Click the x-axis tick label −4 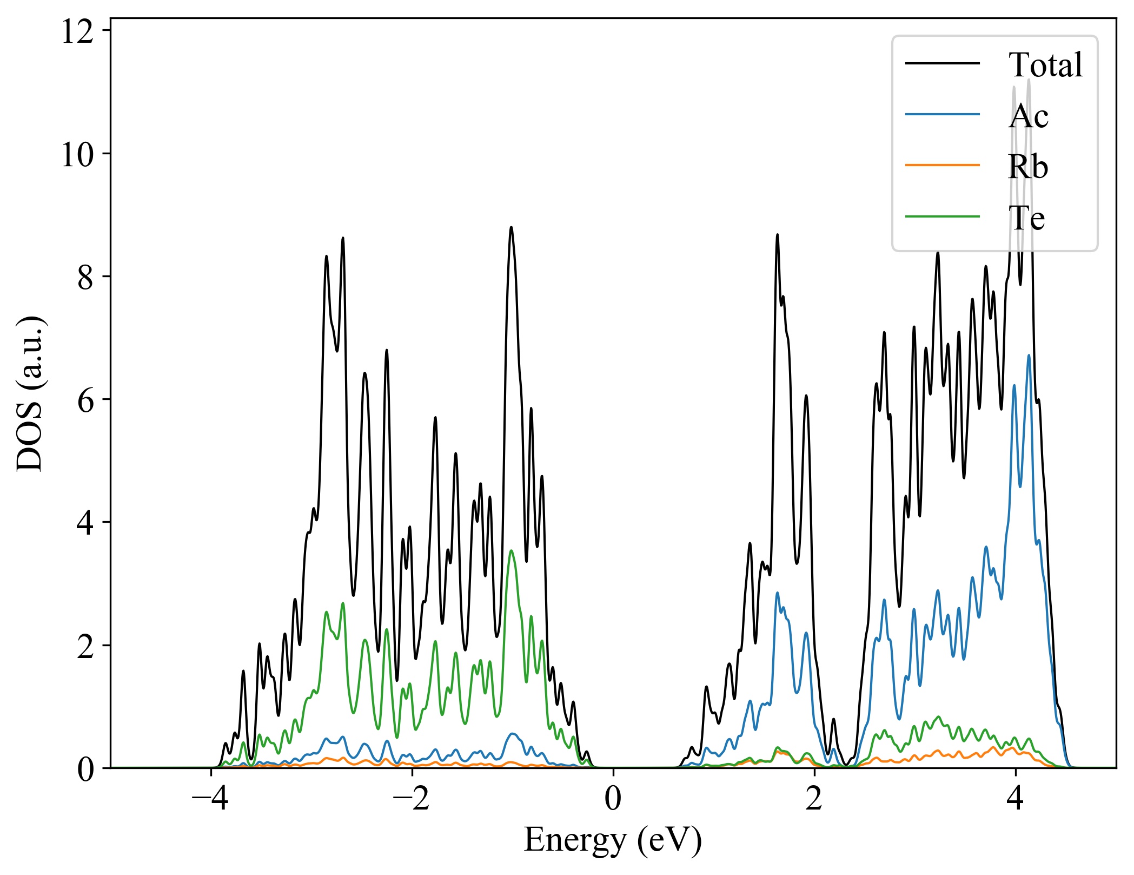click(210, 799)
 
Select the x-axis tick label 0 click(613, 799)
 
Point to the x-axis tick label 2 click(814, 799)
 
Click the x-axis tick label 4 click(1016, 799)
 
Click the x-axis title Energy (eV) click(613, 840)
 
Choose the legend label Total click(1045, 65)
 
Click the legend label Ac click(1028, 116)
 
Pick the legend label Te click(1026, 218)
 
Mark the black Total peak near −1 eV click(511, 228)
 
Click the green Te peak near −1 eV click(511, 551)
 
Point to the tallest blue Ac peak click(1029, 356)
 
